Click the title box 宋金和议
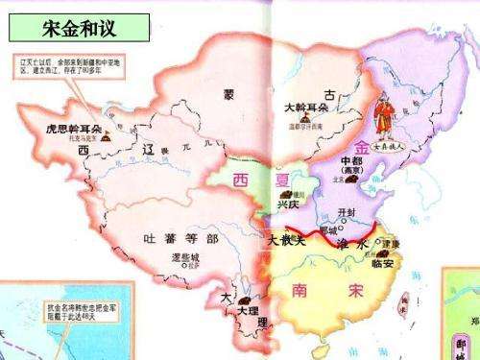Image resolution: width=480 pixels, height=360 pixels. click(80, 22)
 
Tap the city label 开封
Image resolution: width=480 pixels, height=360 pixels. click(348, 211)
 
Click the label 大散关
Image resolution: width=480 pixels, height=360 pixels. click(285, 238)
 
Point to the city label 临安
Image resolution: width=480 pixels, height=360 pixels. click(381, 261)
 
